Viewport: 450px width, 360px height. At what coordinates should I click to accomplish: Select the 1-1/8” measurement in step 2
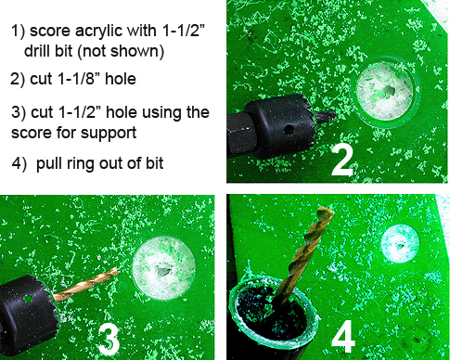[x=79, y=79]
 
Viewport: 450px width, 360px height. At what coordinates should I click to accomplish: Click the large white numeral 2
[x=341, y=161]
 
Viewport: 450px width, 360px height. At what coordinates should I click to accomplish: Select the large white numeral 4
[x=343, y=336]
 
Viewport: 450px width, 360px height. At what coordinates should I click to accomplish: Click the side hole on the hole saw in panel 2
[x=289, y=130]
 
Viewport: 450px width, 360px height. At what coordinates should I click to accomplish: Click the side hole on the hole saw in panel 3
[x=28, y=299]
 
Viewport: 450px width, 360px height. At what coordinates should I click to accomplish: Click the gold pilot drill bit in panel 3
[x=85, y=285]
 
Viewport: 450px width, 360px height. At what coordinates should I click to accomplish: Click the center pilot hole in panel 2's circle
[x=389, y=91]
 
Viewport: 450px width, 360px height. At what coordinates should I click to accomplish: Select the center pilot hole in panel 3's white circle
[x=162, y=271]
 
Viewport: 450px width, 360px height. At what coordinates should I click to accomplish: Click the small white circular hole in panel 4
[x=400, y=244]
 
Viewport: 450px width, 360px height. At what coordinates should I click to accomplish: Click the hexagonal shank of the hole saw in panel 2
[x=240, y=135]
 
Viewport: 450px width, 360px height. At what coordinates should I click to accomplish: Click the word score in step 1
[x=49, y=31]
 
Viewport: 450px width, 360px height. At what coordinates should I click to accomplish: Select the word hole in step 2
[x=121, y=79]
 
